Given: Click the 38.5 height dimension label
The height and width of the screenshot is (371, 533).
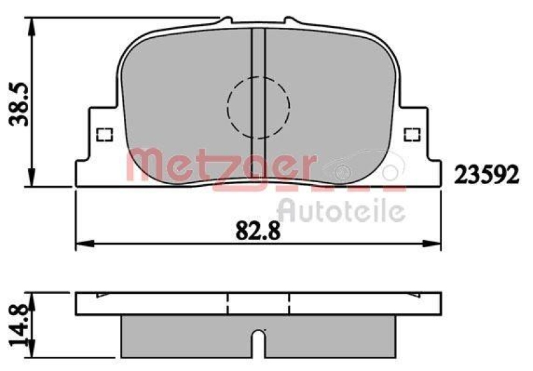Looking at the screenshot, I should click(15, 103).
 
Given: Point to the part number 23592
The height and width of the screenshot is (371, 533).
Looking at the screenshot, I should click(486, 174).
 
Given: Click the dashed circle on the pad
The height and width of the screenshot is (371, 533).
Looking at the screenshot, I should click(259, 106).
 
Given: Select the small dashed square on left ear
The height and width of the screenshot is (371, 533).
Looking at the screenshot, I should click(103, 134).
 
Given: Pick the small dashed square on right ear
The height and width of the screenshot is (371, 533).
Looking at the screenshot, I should click(413, 134).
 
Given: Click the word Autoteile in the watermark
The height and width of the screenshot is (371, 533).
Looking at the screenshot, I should click(340, 211).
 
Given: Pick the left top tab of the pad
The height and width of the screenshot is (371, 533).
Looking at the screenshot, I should click(226, 21).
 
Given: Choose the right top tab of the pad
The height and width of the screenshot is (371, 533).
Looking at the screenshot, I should click(290, 21).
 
